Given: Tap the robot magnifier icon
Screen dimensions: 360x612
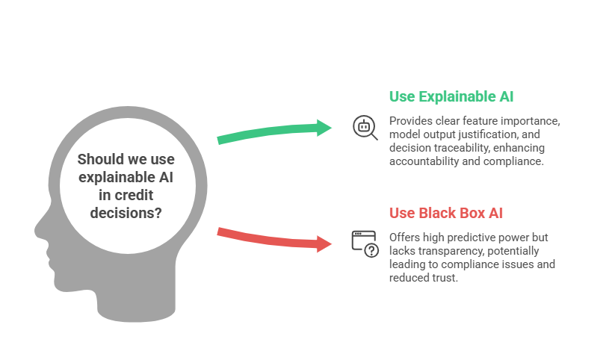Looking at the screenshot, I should click(x=365, y=128).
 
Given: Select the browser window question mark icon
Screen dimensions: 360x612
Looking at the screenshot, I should click(x=365, y=243).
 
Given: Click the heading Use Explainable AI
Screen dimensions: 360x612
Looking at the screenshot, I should click(x=451, y=96).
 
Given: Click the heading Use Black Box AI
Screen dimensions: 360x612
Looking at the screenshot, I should click(x=445, y=213).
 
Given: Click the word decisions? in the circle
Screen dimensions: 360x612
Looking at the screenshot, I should click(x=126, y=214).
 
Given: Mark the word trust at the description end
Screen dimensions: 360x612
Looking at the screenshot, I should click(x=446, y=278).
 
